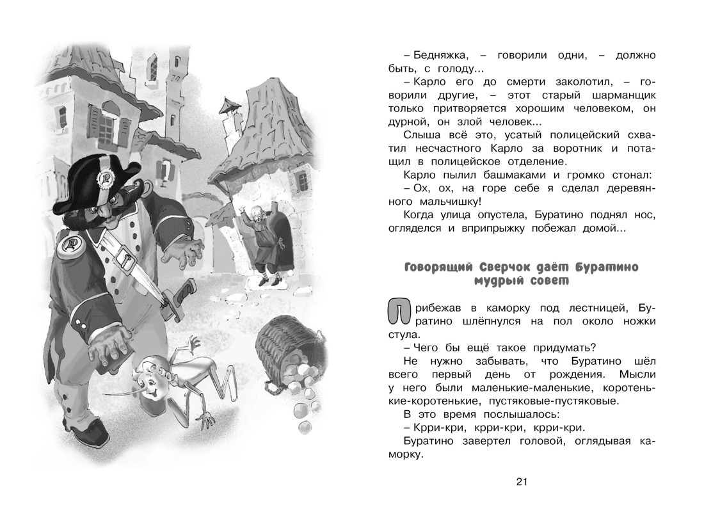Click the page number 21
pyautogui.click(x=521, y=482)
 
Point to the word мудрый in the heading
pyautogui.click(x=503, y=280)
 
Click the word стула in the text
pyautogui.click(x=403, y=333)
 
